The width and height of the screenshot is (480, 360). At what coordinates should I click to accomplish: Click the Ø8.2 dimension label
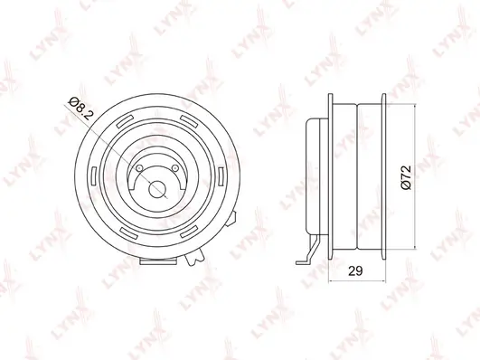[x=81, y=109]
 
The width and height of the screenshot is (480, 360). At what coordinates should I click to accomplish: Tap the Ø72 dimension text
[x=406, y=177]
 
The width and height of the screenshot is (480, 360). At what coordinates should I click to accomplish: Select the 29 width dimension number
[x=355, y=270]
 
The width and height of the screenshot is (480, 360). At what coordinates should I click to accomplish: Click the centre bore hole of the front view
[x=157, y=189]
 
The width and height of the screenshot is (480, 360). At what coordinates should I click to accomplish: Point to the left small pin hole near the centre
[x=139, y=168]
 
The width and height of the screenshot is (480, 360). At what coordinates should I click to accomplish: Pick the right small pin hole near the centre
[x=175, y=168]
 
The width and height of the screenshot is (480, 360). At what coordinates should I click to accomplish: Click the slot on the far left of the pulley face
[x=94, y=175]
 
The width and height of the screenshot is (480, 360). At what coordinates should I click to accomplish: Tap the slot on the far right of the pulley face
[x=221, y=176]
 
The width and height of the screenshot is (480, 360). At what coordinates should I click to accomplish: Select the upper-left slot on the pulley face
[x=126, y=121]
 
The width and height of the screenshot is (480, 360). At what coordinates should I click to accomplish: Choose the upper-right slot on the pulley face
[x=188, y=121]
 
